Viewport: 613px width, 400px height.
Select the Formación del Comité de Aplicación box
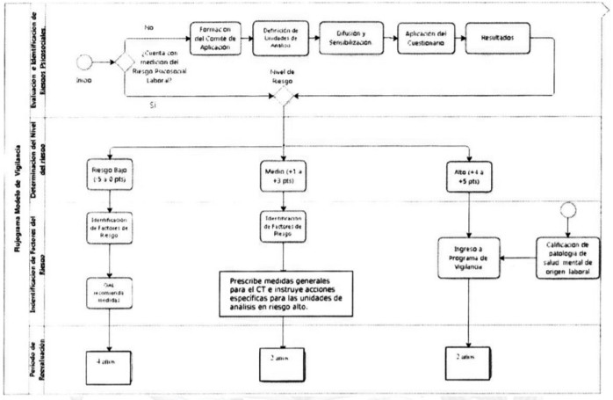[x=215, y=39]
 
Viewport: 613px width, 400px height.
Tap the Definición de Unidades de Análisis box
[x=281, y=39]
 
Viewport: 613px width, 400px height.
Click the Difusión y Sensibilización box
[x=349, y=39]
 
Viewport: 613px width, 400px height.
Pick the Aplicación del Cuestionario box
[x=422, y=39]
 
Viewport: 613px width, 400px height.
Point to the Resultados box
[x=497, y=39]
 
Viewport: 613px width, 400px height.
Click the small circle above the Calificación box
[x=568, y=209]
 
